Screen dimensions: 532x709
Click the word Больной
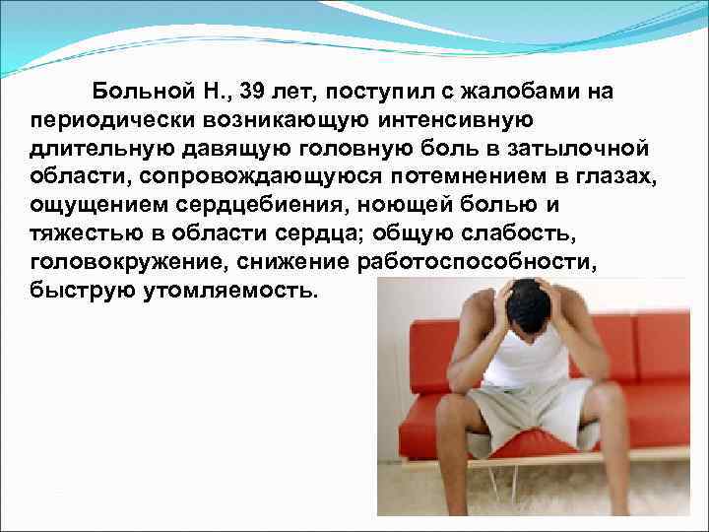coord(140,93)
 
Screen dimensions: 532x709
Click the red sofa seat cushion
coord(650,414)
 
